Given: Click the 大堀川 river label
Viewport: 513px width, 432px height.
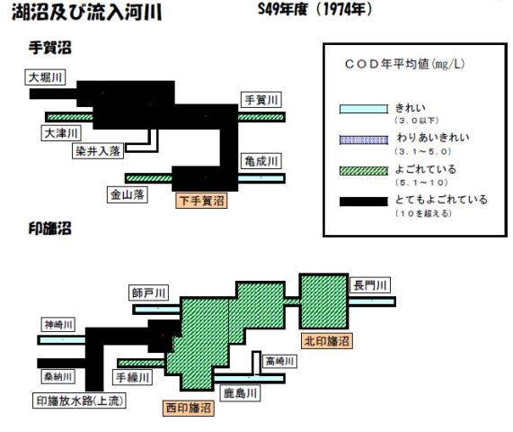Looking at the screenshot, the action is tap(45, 77).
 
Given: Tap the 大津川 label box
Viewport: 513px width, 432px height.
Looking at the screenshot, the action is tap(61, 133).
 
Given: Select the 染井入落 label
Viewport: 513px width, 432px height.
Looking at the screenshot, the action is tap(98, 151).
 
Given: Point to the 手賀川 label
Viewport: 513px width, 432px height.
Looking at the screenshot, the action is tap(261, 100).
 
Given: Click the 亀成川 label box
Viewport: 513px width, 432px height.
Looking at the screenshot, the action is tap(261, 161).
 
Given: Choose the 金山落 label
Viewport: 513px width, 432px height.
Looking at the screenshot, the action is tap(128, 194).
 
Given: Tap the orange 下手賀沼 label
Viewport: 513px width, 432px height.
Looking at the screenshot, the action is tap(201, 201).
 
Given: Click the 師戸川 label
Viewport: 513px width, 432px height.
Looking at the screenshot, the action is tap(148, 292).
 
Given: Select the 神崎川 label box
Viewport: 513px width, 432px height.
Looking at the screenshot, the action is tap(58, 325).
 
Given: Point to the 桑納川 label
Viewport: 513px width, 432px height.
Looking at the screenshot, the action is tap(57, 376).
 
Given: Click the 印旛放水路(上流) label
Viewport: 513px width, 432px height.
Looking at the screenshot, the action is tap(79, 400).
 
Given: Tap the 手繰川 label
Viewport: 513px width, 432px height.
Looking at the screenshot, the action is tap(132, 377).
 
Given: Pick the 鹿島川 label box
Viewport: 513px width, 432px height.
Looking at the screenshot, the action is tap(240, 393).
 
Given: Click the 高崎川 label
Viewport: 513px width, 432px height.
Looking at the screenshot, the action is tap(279, 361).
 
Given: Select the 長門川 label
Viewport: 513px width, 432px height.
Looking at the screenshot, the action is tap(370, 285).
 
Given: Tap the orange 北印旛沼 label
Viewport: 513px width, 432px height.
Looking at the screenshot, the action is tap(327, 341).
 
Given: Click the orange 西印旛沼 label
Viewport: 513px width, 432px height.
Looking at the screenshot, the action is tap(189, 408).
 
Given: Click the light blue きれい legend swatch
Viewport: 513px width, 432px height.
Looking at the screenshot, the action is tap(364, 109).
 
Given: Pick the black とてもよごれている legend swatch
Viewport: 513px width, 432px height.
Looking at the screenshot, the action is tap(364, 202).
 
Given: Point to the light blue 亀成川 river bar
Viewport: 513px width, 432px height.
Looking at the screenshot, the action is tap(261, 178).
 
